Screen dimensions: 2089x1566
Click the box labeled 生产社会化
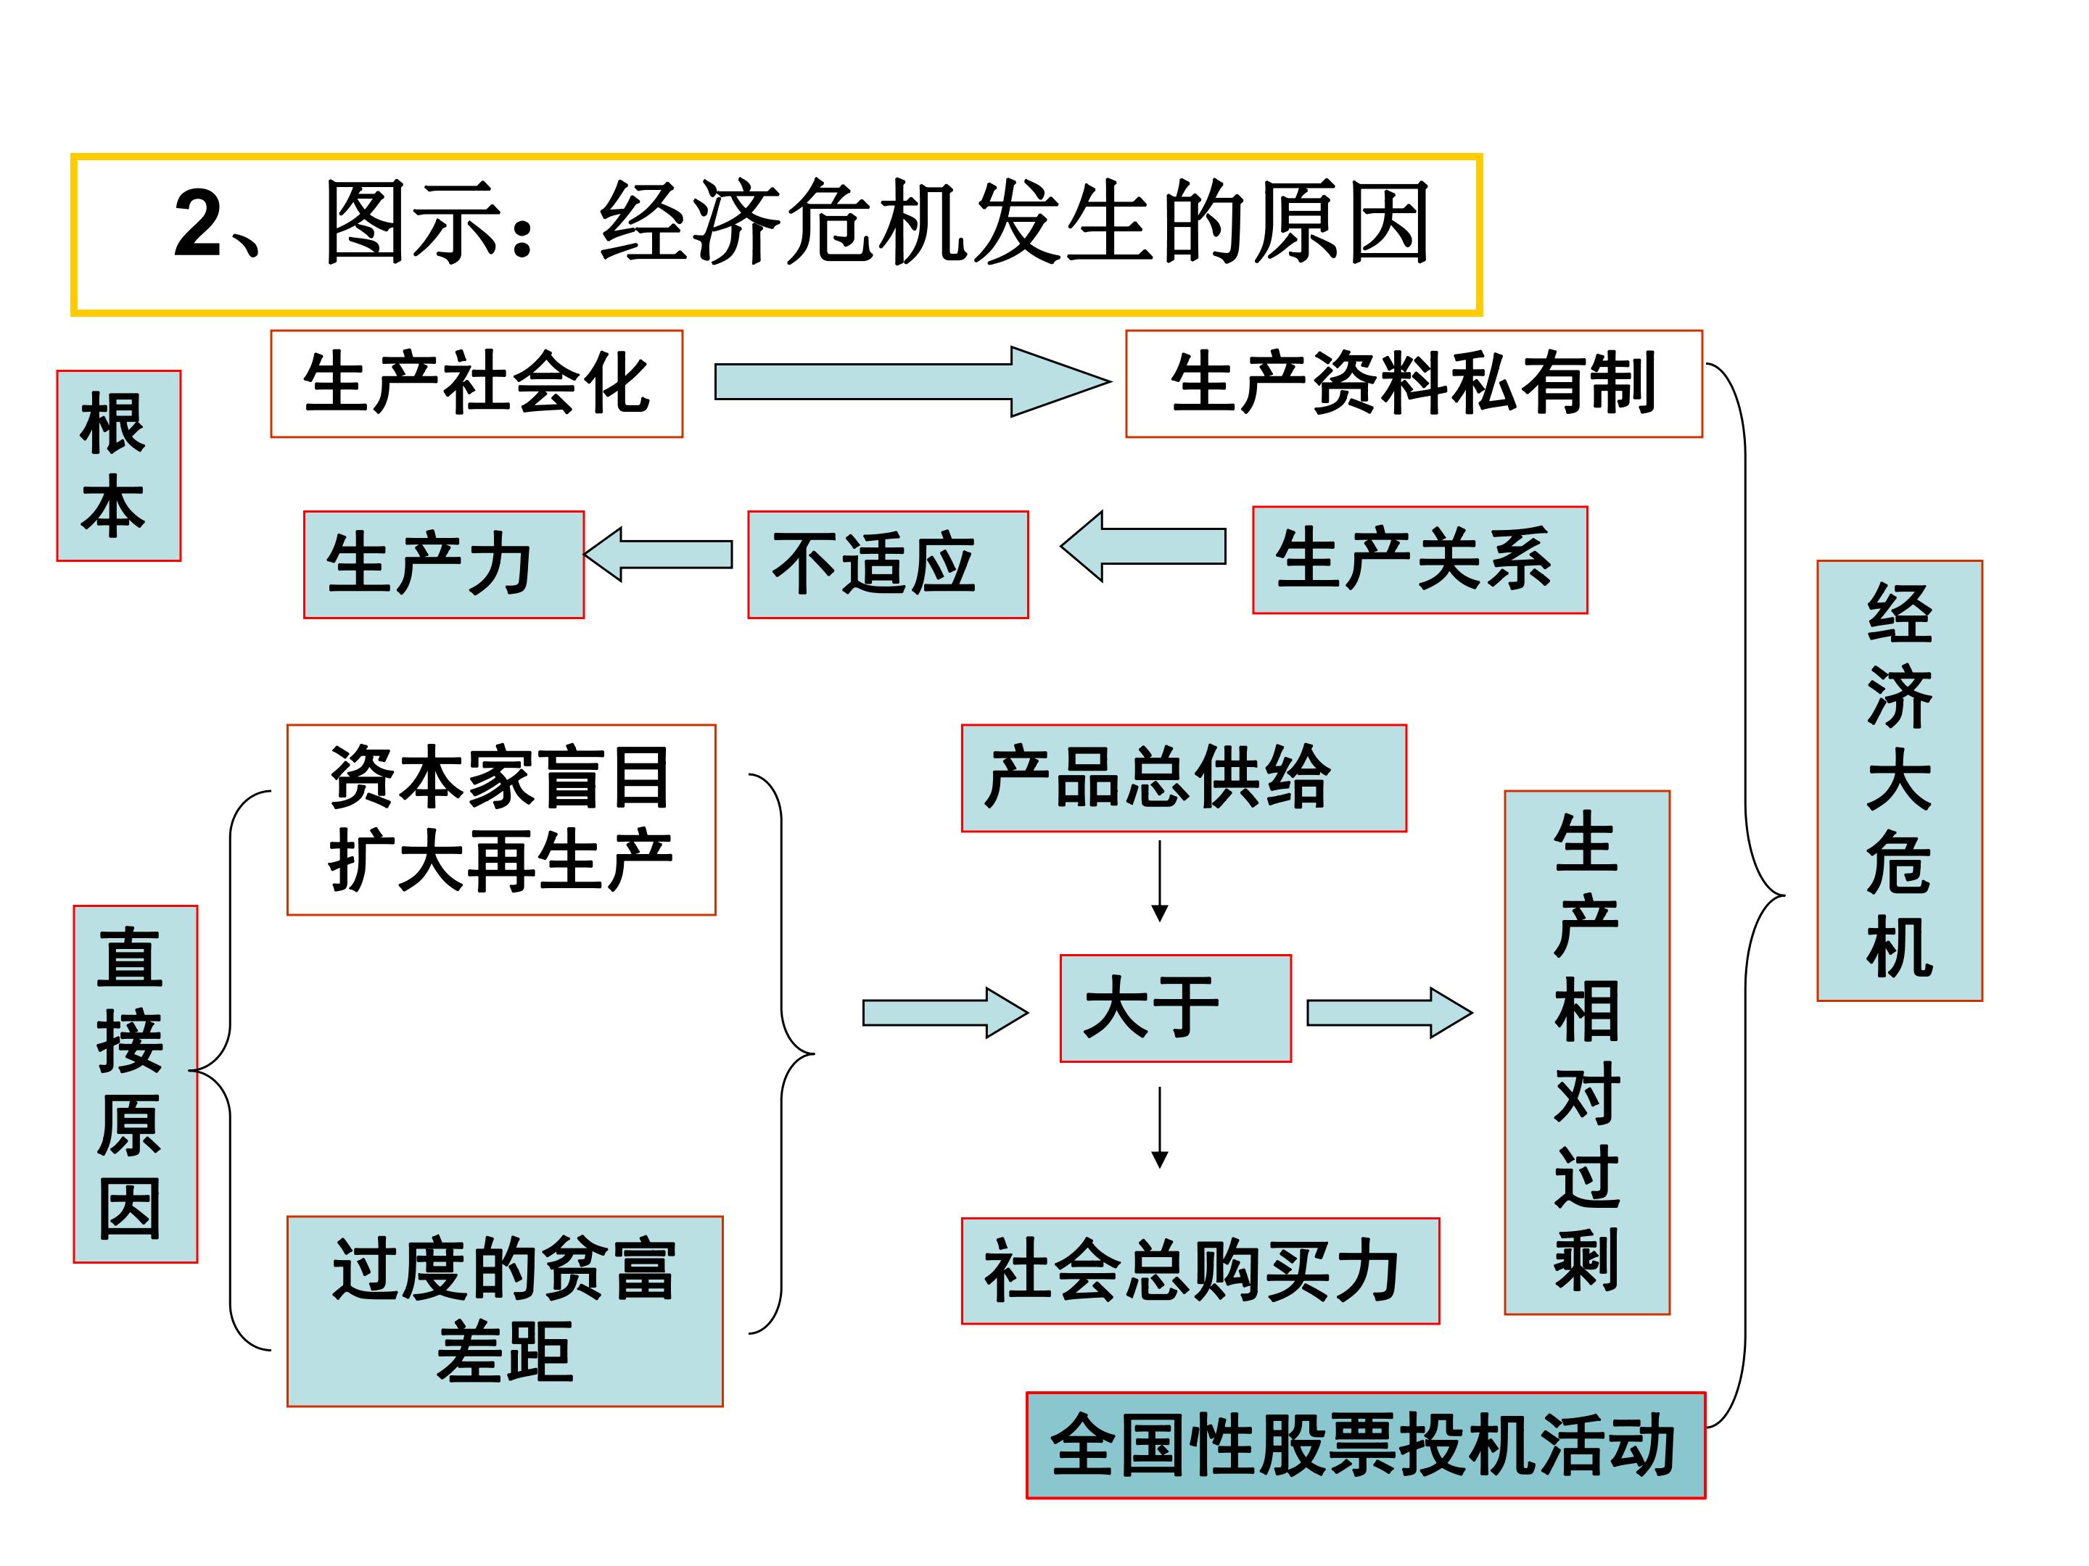click(477, 384)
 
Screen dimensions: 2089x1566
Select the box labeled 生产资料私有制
click(1414, 384)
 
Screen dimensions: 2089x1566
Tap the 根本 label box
click(119, 465)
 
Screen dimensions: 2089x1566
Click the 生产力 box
click(444, 565)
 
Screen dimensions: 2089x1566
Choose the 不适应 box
click(888, 565)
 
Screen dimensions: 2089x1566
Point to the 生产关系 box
click(1420, 560)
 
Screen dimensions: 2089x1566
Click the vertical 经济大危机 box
click(1899, 781)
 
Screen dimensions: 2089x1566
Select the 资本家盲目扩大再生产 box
click(501, 819)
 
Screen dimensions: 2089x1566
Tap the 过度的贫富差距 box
click(506, 1311)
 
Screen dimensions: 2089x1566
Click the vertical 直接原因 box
click(136, 1084)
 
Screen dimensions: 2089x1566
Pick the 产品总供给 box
click(1183, 778)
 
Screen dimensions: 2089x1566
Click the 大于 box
click(1175, 1008)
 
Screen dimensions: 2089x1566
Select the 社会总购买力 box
click(1200, 1270)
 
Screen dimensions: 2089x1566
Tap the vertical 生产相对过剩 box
click(1586, 1053)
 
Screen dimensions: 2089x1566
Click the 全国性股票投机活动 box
click(1366, 1445)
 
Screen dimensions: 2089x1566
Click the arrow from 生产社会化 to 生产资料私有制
click(912, 381)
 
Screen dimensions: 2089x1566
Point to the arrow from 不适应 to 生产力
click(658, 554)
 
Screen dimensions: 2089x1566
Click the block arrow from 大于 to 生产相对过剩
click(1389, 1013)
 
